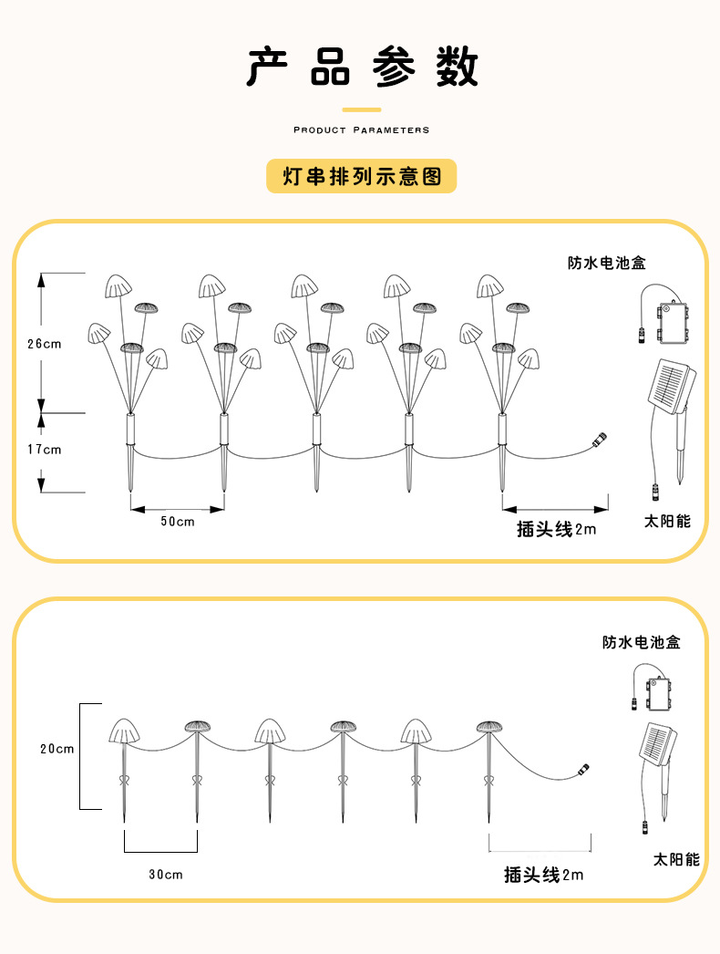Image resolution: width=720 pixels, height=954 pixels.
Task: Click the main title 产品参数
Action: [x=362, y=67]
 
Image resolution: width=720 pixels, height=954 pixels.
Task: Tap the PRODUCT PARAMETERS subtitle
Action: [x=361, y=130]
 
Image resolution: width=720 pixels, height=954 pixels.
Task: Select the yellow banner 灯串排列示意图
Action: [x=361, y=176]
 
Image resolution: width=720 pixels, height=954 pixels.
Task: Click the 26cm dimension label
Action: [x=44, y=344]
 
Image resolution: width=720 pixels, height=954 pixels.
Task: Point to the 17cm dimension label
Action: [x=44, y=449]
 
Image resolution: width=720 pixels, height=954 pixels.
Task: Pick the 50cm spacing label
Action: [x=178, y=522]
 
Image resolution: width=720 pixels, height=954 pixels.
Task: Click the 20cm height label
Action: [x=57, y=749]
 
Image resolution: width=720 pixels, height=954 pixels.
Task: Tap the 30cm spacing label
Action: [x=165, y=875]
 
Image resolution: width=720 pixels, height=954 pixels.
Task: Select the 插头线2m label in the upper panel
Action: [x=556, y=529]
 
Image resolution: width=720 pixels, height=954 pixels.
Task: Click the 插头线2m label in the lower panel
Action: [x=543, y=875]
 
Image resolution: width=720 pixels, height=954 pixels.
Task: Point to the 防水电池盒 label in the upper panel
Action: [x=606, y=264]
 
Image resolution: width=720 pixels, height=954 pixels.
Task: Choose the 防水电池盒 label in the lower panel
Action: [x=641, y=642]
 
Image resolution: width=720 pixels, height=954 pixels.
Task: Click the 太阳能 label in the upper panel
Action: [x=667, y=522]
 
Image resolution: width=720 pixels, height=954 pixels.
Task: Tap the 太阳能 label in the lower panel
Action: [x=675, y=859]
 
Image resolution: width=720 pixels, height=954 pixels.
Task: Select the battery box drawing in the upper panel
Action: [x=671, y=321]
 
